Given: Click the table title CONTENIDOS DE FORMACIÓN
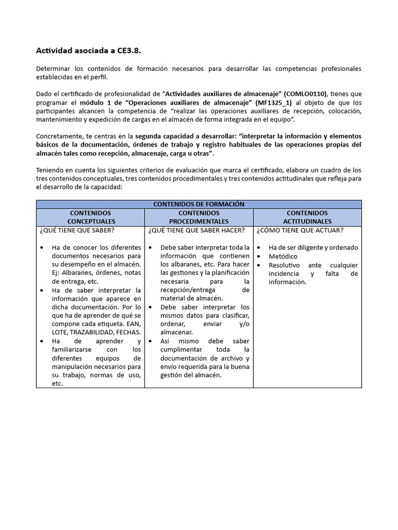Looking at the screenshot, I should pyautogui.click(x=199, y=204).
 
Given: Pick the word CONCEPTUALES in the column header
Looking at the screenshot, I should pyautogui.click(x=90, y=222).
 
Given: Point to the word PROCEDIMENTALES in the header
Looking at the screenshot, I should pyautogui.click(x=198, y=222).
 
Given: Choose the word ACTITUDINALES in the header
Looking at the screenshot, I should pyautogui.click(x=307, y=222).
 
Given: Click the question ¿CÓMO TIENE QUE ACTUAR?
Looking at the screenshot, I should pyautogui.click(x=300, y=230).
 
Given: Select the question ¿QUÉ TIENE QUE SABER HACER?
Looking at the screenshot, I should pyautogui.click(x=196, y=230).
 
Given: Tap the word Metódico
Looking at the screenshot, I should pyautogui.click(x=283, y=256).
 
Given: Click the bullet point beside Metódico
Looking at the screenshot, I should pyautogui.click(x=259, y=256).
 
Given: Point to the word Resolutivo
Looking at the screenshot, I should pyautogui.click(x=285, y=265).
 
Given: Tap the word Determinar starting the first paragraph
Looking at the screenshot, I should pyautogui.click(x=53, y=69).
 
